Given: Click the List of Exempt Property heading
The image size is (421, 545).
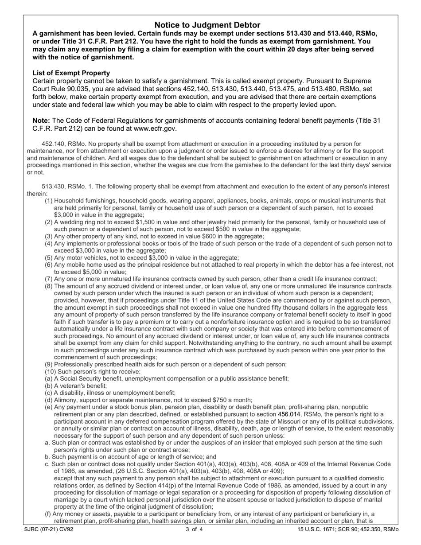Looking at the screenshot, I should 71,73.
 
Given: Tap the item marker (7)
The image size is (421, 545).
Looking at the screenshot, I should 49,279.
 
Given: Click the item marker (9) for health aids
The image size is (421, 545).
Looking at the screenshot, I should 49,364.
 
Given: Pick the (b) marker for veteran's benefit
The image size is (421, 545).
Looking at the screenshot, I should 49,385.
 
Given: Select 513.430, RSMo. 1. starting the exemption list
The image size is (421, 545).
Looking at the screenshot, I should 69,187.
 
